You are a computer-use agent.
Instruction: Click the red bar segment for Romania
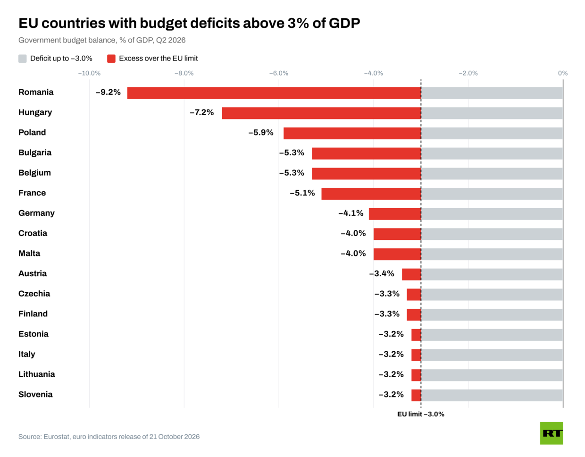click(x=274, y=93)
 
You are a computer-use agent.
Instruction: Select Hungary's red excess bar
click(x=321, y=113)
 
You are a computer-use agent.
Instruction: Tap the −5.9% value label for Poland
click(x=260, y=133)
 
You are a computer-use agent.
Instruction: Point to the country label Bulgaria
click(x=35, y=152)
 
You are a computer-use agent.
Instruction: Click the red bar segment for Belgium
click(x=367, y=174)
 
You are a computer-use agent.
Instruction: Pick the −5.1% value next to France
click(x=302, y=193)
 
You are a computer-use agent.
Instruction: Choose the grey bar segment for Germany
click(x=492, y=214)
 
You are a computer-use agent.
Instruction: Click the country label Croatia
click(x=33, y=233)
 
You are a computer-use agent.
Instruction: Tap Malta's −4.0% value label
click(x=353, y=254)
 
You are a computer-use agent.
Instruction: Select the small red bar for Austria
click(x=411, y=274)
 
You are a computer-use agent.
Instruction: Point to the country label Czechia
click(x=34, y=294)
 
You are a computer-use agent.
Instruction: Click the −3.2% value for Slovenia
click(x=391, y=395)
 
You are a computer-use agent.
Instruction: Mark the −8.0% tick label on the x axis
click(x=184, y=73)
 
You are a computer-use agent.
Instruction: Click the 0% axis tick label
click(x=563, y=73)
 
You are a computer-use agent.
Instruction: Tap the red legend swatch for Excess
click(x=111, y=59)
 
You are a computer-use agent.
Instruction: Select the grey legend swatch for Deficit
click(x=22, y=59)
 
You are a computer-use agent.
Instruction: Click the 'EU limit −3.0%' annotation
click(x=421, y=414)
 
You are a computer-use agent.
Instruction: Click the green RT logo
click(x=552, y=433)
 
